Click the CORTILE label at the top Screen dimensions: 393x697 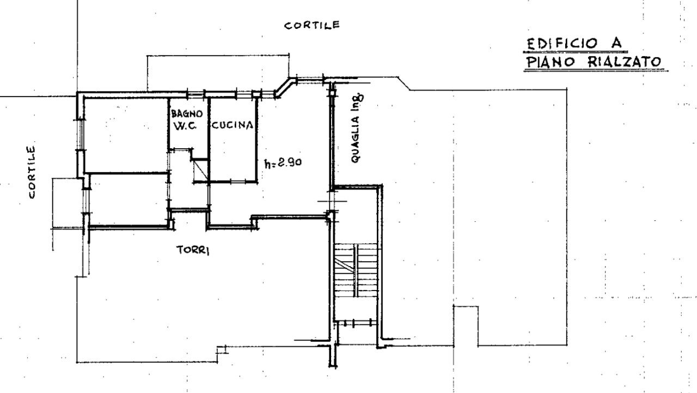pos(312,25)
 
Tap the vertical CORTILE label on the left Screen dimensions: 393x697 pos(33,172)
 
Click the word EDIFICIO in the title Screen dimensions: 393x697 pos(562,43)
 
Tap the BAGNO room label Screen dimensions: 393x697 pos(187,114)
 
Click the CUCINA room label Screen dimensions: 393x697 pos(233,125)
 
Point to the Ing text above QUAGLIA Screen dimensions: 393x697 pos(359,102)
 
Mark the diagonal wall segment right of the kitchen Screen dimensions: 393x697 pos(283,89)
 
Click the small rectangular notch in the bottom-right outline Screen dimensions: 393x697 pos(466,325)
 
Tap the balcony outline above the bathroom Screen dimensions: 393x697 pos(218,72)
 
